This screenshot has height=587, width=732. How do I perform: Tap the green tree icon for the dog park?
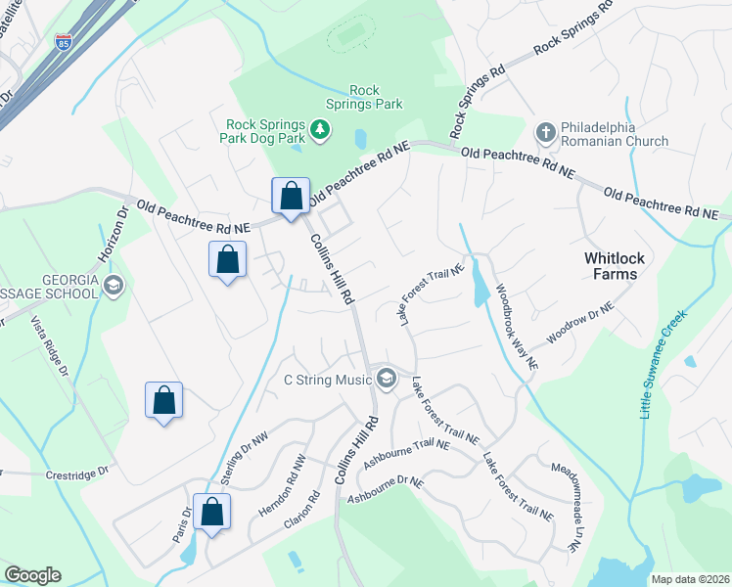(x=319, y=129)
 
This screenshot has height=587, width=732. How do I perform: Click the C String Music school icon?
(x=387, y=380)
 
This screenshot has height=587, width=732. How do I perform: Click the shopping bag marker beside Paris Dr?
(x=211, y=513)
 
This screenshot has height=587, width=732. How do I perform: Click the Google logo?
(x=32, y=575)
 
